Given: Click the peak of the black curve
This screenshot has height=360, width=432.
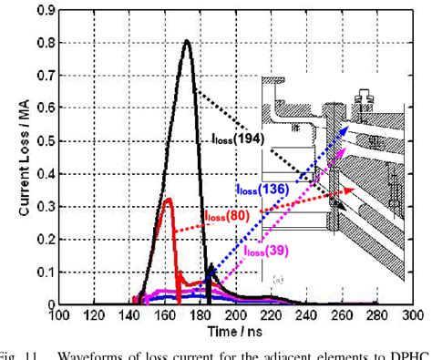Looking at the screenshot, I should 187,41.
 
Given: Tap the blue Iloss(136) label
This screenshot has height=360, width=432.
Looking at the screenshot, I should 262,189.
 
